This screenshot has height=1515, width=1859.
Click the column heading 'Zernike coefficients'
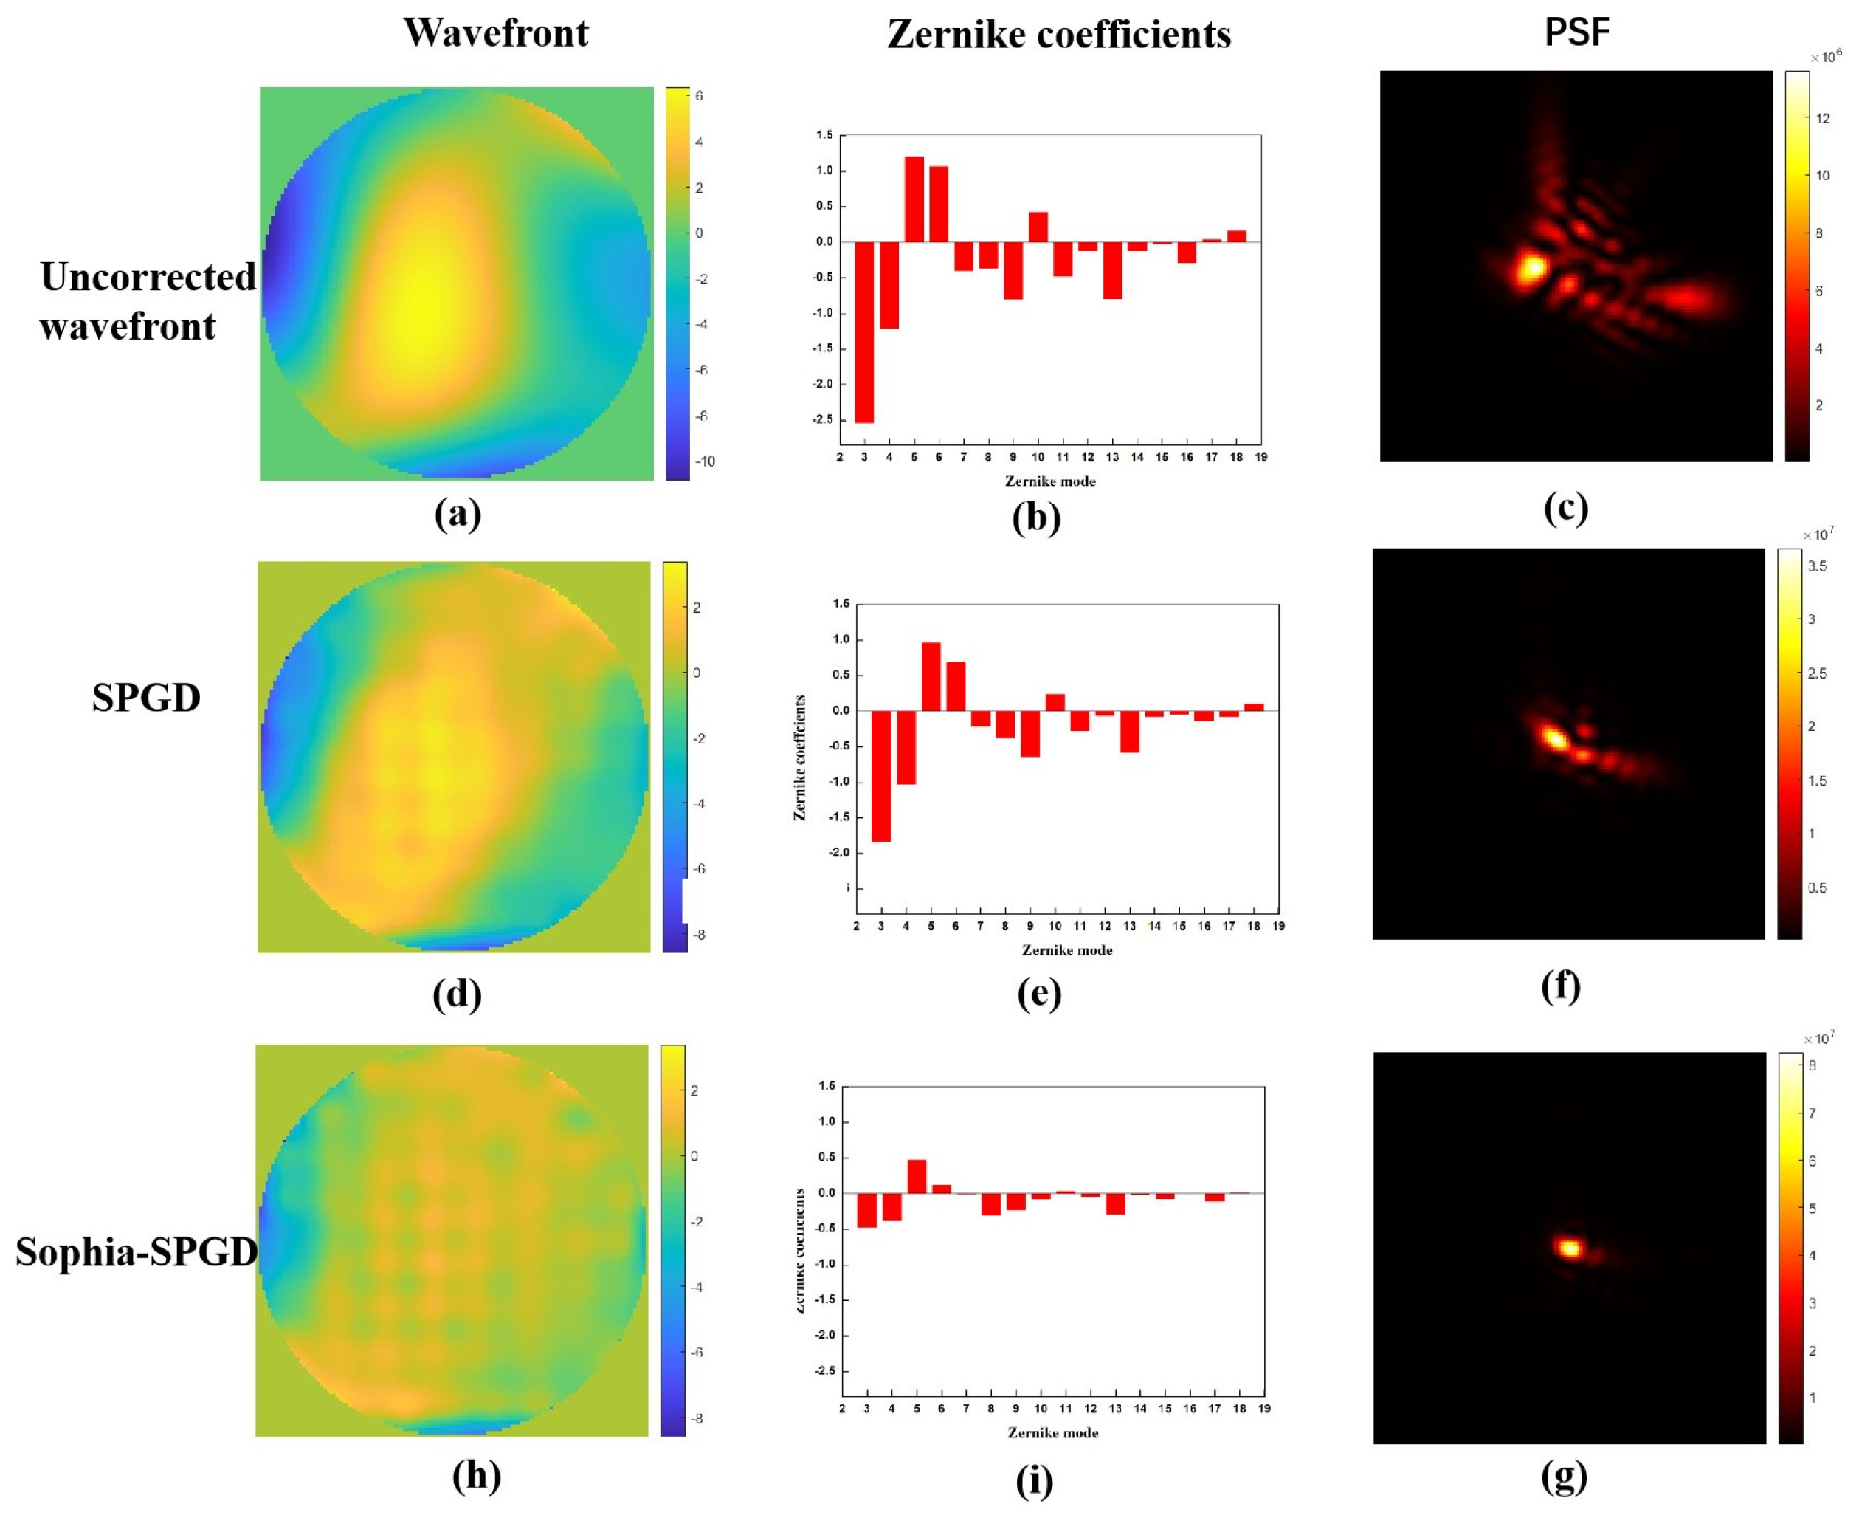click(x=1058, y=35)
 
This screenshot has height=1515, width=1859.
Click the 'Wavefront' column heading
click(x=495, y=33)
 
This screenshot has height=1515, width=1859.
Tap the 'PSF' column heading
click(x=1576, y=32)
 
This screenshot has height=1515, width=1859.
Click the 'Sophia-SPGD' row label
click(x=136, y=1251)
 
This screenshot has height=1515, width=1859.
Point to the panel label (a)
click(x=457, y=513)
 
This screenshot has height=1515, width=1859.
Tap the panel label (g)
click(x=1563, y=1476)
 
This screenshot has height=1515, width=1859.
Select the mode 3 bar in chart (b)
click(x=863, y=331)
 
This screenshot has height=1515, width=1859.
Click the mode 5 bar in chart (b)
click(x=914, y=199)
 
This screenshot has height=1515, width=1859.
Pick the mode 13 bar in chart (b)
click(x=1111, y=269)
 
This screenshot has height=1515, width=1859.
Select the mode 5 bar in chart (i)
click(x=916, y=1175)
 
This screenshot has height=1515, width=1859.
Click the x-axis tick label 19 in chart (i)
click(x=1264, y=1408)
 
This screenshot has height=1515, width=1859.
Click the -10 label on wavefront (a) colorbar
click(x=705, y=461)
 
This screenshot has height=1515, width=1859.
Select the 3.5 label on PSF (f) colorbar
click(x=1816, y=566)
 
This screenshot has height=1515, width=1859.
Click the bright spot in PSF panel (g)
click(x=1570, y=1248)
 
